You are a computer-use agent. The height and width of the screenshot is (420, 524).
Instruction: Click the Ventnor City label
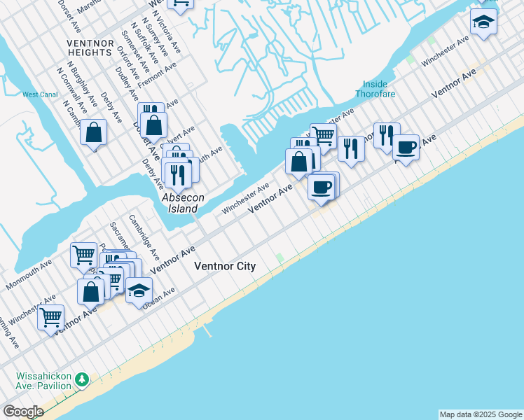click(x=224, y=267)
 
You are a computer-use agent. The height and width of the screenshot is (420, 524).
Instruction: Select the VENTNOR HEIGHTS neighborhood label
click(x=90, y=48)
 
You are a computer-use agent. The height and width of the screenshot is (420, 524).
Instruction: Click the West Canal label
click(x=39, y=94)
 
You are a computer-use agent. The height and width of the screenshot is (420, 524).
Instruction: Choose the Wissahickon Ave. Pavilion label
click(x=43, y=381)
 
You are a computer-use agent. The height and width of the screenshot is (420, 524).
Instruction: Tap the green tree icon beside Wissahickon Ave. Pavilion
click(x=83, y=380)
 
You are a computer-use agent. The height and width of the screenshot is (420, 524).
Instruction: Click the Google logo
click(x=23, y=412)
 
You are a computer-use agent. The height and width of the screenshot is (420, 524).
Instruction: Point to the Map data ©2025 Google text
click(x=480, y=414)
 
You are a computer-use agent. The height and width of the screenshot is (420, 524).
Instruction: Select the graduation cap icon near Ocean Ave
click(x=139, y=289)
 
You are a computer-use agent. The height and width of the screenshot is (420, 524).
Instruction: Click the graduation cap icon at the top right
click(x=483, y=22)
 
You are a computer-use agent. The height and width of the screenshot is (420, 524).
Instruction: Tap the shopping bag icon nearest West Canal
click(x=93, y=132)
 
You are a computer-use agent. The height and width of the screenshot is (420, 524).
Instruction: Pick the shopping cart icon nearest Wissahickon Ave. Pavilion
click(x=50, y=316)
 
